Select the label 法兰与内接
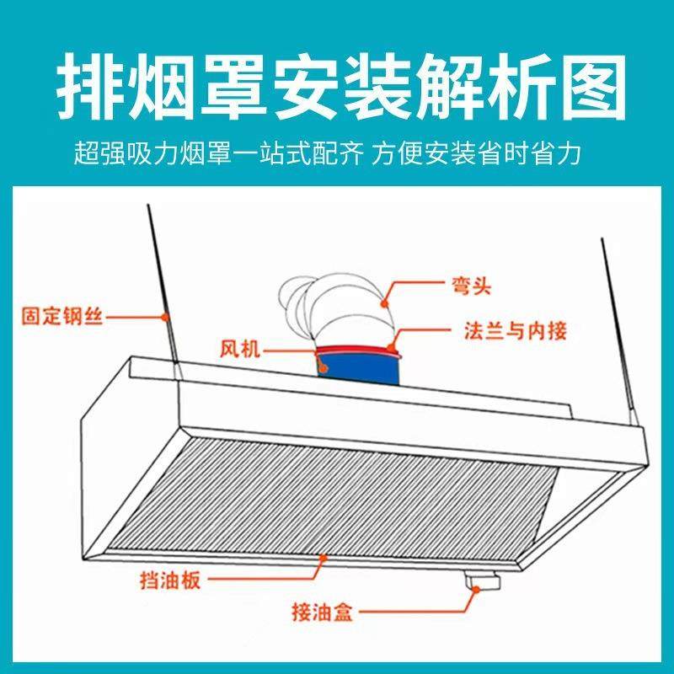515,329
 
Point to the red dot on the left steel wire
166,316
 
